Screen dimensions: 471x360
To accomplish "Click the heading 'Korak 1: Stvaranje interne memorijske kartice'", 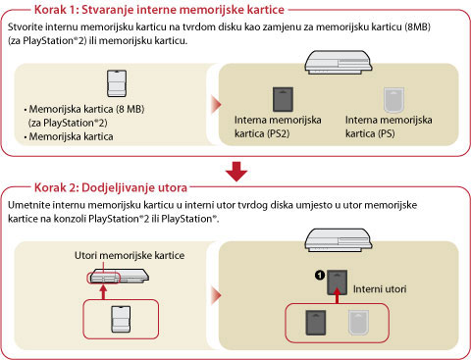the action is [159, 10].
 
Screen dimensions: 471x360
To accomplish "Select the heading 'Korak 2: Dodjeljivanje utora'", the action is [111, 187].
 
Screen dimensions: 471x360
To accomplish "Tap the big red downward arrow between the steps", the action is [236, 172].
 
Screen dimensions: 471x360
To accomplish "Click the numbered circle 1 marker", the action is [320, 276].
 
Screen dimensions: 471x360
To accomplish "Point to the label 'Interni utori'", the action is [380, 289].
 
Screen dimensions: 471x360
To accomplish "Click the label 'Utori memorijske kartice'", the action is [130, 255].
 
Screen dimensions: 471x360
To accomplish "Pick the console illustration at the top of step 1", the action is [339, 62].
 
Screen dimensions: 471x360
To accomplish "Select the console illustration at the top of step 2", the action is [339, 240].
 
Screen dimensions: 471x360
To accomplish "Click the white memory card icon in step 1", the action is [117, 83].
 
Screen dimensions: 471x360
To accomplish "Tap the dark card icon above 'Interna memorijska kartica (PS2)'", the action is [283, 99].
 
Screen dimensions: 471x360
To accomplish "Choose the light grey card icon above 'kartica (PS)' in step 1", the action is [393, 100].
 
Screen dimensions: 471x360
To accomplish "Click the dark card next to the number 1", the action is [338, 283].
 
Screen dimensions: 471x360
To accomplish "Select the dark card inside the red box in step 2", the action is [316, 323].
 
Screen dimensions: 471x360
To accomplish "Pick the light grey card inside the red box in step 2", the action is [358, 323].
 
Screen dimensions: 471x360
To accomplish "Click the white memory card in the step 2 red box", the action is [121, 320].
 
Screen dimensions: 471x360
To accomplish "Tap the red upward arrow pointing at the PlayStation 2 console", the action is [104, 292].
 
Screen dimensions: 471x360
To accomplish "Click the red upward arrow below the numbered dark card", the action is [338, 299].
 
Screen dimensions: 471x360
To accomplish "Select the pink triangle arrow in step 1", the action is [217, 105].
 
